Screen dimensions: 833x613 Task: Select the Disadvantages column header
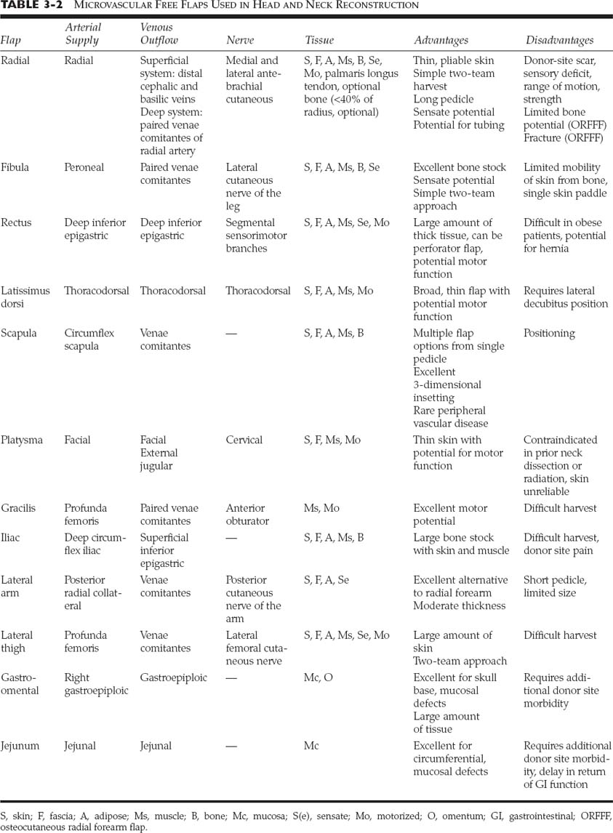coord(558,41)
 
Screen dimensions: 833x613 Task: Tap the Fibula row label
coord(15,167)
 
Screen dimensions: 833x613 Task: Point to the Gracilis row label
coord(18,508)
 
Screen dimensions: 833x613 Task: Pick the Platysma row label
coord(22,440)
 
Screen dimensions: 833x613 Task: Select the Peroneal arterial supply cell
coord(84,167)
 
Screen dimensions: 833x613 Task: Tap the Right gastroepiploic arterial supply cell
coord(96,684)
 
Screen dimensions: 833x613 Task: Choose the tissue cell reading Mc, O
coord(318,677)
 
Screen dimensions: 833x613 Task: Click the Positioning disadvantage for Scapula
coord(549,333)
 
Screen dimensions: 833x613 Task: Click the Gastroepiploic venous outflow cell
coord(173,677)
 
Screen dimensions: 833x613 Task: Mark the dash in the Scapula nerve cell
coord(231,333)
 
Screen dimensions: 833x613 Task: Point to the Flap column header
coord(11,41)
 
